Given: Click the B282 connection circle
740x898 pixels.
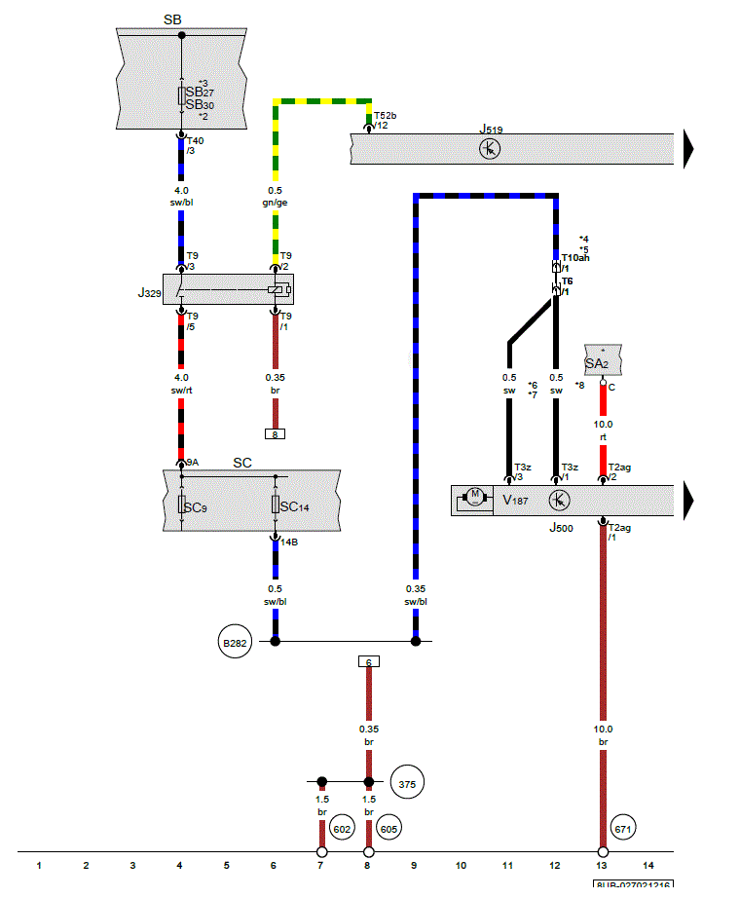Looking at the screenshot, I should pos(236,643).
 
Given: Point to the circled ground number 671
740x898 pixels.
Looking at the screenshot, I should pos(623,829).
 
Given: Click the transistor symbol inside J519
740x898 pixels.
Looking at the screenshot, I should pos(491,149).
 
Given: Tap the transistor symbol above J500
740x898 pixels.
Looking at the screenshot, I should pos(559,500).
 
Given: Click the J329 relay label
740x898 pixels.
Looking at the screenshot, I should pos(149,292).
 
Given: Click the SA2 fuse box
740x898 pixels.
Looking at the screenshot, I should pos(603,361).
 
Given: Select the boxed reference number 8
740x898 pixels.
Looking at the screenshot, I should pos(276,434).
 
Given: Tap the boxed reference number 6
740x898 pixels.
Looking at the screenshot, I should pos(369,661).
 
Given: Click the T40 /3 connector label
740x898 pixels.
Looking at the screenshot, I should pos(195,145).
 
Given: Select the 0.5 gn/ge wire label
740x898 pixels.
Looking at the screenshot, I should pos(277,197).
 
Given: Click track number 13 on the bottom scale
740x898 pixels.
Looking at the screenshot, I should pos(602,865).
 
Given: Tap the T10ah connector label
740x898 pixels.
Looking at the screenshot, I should pos(574,258).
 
